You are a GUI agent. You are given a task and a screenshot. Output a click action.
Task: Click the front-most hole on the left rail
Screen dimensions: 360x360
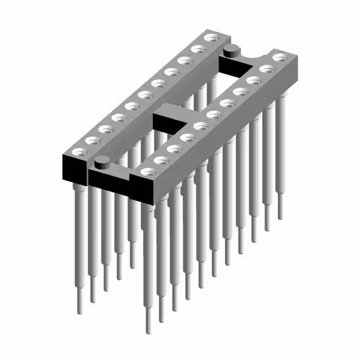[78, 152]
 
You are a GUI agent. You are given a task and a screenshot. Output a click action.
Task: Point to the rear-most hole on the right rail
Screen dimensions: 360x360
[280, 57]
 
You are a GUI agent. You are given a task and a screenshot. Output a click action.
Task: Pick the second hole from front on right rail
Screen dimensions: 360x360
[161, 160]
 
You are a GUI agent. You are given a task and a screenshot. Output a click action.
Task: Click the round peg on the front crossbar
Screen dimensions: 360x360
[102, 164]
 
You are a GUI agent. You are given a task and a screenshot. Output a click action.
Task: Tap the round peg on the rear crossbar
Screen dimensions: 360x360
[230, 52]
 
